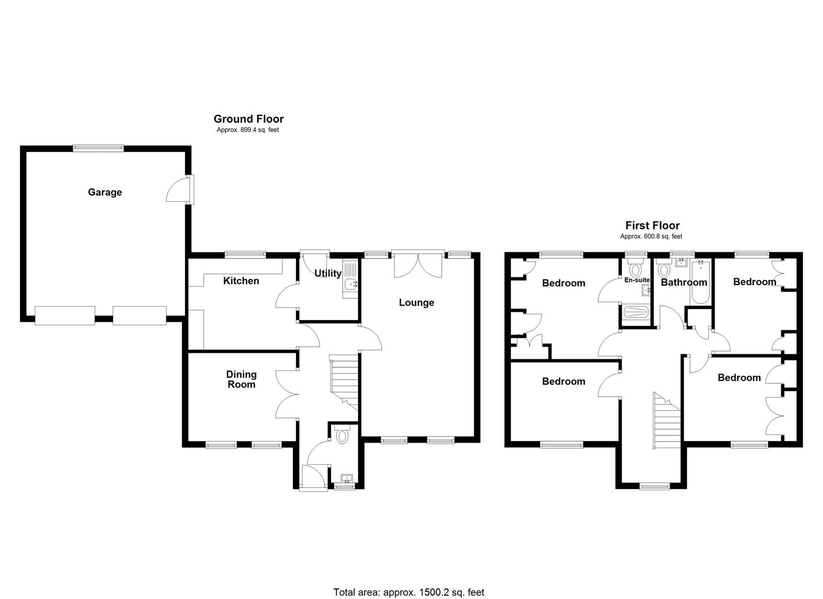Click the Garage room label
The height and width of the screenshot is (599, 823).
[105, 192]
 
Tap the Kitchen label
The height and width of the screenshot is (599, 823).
[241, 281]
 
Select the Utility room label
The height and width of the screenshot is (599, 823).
[328, 273]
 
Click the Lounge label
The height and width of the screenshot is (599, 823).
[416, 302]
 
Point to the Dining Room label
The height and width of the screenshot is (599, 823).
[241, 379]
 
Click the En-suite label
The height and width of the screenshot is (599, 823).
[636, 280]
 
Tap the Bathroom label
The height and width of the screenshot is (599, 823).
[684, 282]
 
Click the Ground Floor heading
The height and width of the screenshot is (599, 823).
[248, 119]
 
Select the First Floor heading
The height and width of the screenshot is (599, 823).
[652, 225]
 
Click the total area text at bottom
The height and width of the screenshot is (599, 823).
[408, 592]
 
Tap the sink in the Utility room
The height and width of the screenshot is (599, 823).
[350, 285]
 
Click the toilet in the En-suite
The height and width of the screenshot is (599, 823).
[635, 270]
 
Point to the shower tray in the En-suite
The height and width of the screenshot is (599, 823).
[635, 312]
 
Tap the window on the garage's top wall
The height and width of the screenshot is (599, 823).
[98, 148]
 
